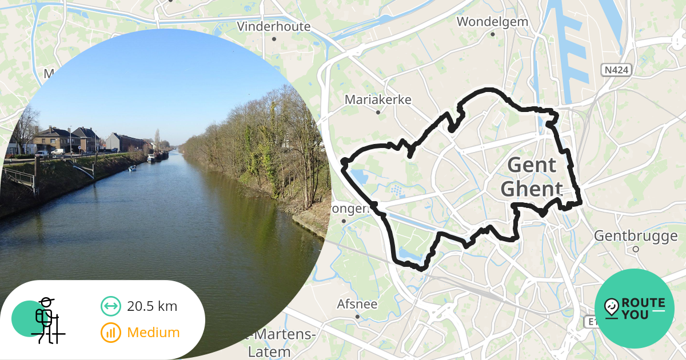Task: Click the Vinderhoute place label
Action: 274,26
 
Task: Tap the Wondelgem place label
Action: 492,22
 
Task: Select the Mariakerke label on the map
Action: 378,99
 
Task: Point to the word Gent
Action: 532,165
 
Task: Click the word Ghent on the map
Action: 532,189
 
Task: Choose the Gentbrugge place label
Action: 636,235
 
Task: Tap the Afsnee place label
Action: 357,304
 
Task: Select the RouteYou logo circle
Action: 635,309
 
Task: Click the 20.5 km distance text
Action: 152,306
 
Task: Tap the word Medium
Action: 153,332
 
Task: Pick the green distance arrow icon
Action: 111,306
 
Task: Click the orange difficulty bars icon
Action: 111,332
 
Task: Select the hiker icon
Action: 48,320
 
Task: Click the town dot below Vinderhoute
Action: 274,39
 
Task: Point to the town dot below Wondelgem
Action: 492,34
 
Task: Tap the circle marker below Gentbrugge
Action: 636,249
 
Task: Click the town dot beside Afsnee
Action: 357,316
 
